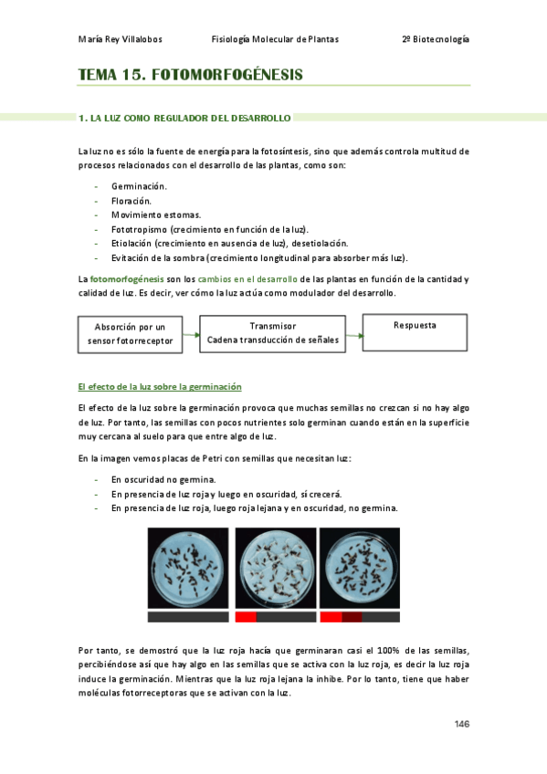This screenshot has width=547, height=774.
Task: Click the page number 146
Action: (461, 724)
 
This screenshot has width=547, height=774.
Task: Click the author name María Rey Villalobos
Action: (120, 39)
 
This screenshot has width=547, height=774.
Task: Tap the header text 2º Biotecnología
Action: (436, 39)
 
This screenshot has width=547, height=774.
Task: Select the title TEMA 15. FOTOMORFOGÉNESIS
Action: (190, 75)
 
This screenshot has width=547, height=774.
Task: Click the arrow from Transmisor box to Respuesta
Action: (354, 336)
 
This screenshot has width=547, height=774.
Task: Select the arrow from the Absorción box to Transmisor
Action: (191, 335)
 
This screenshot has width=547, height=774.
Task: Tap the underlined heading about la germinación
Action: (160, 387)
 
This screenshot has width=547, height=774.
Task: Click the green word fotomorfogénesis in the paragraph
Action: (127, 279)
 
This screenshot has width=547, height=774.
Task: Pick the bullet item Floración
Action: (131, 201)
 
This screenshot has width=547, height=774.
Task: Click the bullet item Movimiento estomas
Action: (156, 215)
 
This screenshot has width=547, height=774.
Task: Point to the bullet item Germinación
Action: (139, 186)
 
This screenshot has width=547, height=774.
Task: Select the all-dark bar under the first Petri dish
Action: (188, 617)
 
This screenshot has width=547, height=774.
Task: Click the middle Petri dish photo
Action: (276, 568)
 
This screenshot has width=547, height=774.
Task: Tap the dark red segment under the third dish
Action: (352, 617)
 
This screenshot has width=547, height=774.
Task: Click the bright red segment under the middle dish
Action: (246, 617)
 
